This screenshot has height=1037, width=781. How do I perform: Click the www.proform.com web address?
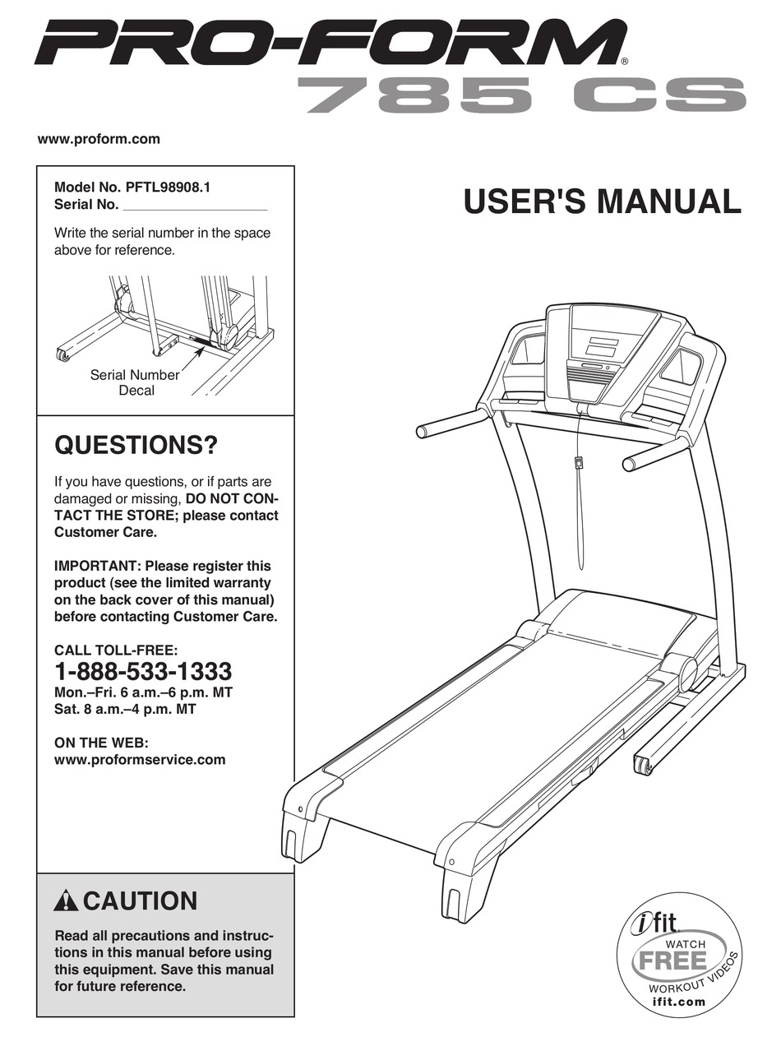click(99, 139)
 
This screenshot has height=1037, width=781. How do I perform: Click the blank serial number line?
click(194, 206)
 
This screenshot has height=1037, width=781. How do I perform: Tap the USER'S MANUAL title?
click(602, 201)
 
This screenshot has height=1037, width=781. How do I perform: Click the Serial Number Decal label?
click(135, 382)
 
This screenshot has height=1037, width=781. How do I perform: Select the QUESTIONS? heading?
click(136, 447)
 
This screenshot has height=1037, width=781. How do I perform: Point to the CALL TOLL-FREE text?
click(115, 650)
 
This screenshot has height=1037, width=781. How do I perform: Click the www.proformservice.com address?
click(139, 760)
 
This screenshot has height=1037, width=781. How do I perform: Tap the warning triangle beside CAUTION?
click(66, 901)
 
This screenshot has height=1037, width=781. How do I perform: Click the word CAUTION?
click(140, 901)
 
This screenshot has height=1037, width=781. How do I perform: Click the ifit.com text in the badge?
click(678, 1001)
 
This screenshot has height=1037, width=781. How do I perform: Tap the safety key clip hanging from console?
click(580, 462)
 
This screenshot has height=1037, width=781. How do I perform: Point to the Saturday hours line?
click(125, 709)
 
